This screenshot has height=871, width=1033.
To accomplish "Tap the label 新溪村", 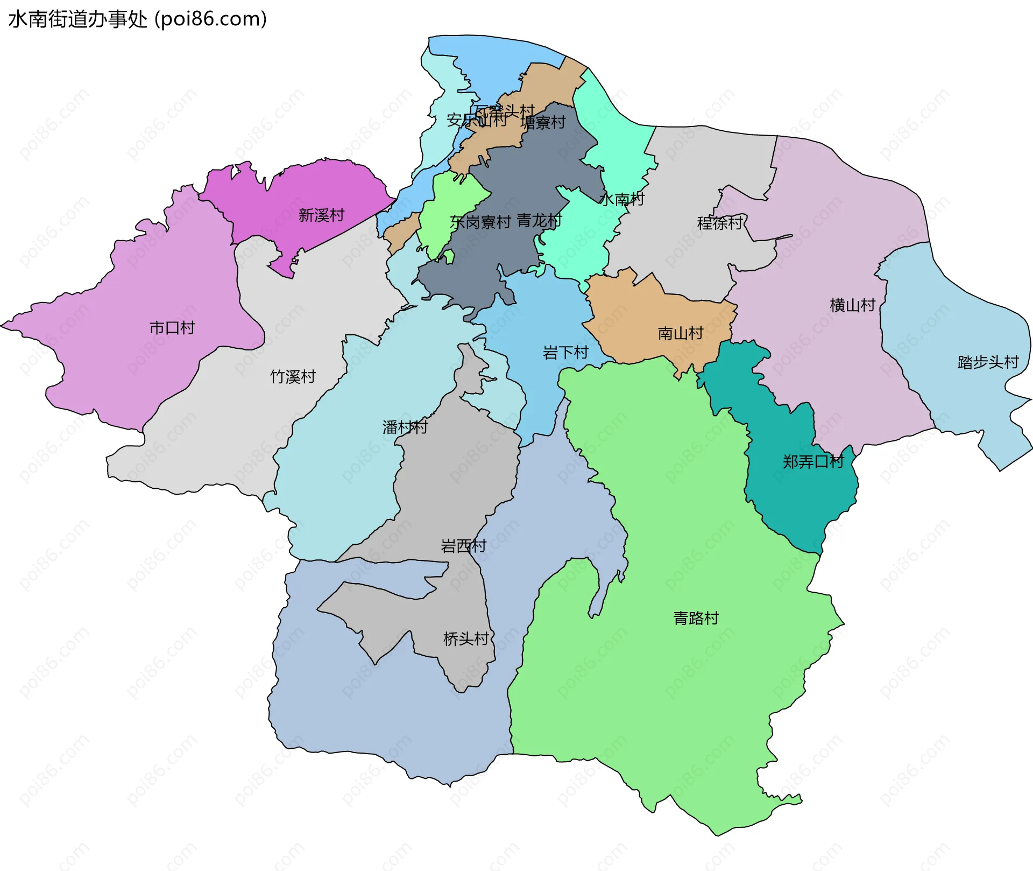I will point(321,215).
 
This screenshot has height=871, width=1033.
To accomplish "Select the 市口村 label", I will point(172,328).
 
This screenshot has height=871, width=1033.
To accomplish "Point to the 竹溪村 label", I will point(293,377).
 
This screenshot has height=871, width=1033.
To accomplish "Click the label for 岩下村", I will point(565,353).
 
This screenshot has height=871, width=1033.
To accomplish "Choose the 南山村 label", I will point(680,334).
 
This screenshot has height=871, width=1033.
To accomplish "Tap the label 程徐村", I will point(719,223).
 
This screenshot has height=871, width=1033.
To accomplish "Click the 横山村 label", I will point(852,306).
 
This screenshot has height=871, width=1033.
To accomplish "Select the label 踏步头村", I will point(988,362).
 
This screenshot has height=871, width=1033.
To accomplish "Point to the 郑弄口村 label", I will point(813,462).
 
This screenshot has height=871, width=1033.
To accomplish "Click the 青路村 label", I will point(696,618).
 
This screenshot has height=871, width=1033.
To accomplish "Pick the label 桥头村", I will point(465,639).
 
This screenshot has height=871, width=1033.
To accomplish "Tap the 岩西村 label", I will point(463,546).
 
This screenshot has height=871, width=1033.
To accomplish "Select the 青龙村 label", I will point(539,221).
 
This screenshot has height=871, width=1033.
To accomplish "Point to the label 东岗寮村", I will point(480,222).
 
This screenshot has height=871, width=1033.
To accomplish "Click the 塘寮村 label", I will point(543,123).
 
